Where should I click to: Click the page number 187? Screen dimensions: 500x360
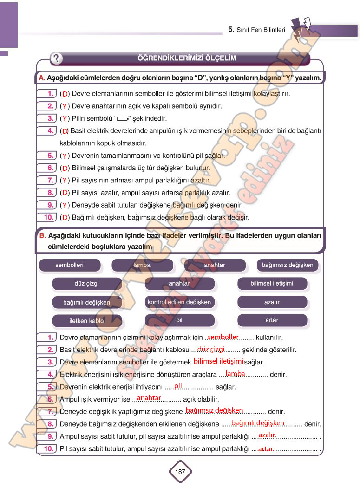(180, 472)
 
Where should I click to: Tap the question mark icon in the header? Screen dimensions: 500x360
(57, 58)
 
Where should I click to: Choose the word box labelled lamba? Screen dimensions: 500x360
(142, 265)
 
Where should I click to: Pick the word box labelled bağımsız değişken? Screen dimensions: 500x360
(287, 265)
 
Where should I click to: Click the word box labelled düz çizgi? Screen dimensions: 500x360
(87, 283)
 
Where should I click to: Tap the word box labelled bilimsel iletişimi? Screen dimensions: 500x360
(272, 283)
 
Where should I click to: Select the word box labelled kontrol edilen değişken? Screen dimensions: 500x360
(179, 302)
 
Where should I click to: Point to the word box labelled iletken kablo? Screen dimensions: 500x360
(87, 321)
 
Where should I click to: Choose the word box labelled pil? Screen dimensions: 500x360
(179, 320)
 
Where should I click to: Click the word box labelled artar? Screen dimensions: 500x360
(272, 320)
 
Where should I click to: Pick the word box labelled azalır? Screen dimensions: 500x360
(272, 302)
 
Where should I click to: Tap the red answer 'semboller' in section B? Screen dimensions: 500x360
(223, 337)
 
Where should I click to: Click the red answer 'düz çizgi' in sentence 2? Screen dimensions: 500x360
(211, 349)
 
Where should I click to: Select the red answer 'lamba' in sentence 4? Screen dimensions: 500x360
(236, 374)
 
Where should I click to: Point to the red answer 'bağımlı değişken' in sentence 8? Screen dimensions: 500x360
(258, 423)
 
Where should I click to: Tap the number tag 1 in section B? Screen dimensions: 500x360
(48, 338)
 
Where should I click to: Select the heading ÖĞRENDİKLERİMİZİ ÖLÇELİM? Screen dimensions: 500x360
(187, 58)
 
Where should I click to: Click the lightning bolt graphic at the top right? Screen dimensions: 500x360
(301, 29)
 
